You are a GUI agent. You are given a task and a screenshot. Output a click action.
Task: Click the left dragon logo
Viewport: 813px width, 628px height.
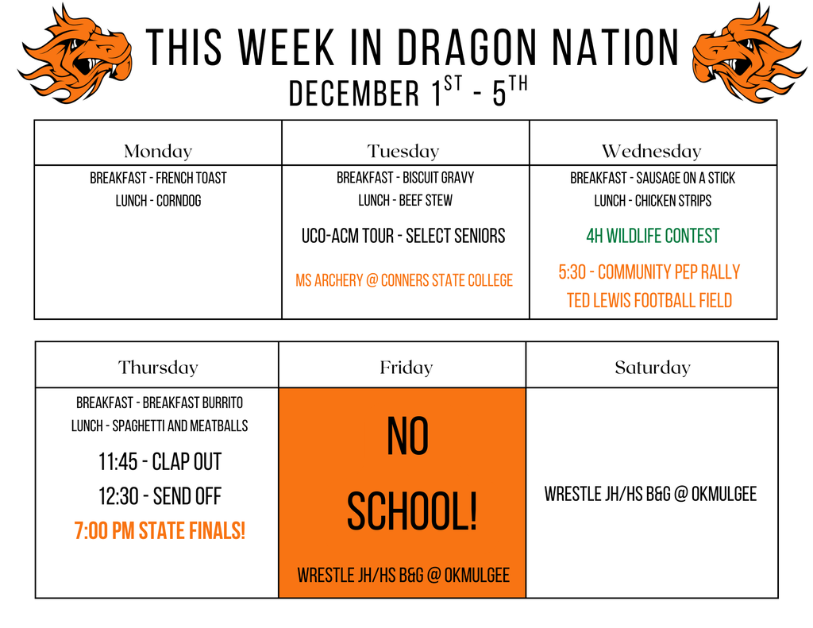75,53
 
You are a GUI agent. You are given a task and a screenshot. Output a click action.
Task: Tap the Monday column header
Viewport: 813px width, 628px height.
158,151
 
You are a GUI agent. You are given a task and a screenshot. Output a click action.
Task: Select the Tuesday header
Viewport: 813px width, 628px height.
403,151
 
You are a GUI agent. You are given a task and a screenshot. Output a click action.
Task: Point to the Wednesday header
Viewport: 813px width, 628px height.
652,151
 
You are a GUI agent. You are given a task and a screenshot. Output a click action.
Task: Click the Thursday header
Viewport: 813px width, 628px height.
158,368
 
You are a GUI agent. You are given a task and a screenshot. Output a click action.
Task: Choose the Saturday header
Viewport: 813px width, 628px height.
652,368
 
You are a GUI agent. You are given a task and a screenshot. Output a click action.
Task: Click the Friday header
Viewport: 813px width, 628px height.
406,368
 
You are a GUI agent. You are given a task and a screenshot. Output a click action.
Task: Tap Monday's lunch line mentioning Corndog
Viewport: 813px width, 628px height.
158,201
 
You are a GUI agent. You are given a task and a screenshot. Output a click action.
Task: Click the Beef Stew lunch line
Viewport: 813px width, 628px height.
405,201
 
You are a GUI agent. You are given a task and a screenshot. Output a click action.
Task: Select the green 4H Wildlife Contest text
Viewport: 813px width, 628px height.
653,236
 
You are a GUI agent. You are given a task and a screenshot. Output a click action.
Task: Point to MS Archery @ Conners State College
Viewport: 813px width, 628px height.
404,280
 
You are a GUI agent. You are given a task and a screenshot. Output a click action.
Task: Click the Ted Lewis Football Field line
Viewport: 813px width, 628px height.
649,300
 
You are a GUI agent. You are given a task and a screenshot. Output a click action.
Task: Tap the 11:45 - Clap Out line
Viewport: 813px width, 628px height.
160,461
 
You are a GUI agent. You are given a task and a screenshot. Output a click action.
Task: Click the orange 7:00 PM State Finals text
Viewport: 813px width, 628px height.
160,531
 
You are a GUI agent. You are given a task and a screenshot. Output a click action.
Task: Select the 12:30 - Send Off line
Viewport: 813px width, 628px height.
160,497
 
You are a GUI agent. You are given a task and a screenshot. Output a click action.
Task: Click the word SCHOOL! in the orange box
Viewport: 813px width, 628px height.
412,513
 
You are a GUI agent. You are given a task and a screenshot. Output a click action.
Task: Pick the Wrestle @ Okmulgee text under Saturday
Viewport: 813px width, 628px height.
650,495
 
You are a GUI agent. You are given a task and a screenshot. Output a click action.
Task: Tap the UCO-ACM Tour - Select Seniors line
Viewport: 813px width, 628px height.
403,236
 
